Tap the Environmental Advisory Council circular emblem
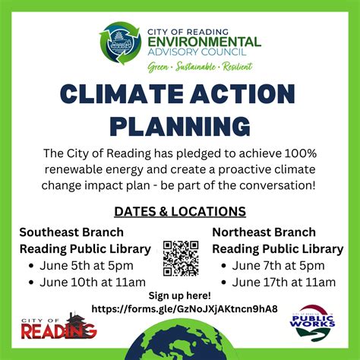pos(121,44)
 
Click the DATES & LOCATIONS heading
pos(180,210)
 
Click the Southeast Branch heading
pos(71,232)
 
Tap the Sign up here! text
pos(179,295)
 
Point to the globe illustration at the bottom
pos(180,342)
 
